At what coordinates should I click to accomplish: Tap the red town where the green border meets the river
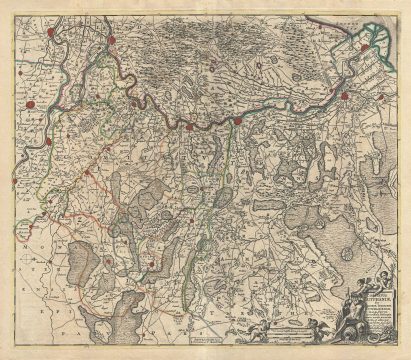click(238, 121)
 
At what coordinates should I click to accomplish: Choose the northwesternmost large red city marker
click(114, 42)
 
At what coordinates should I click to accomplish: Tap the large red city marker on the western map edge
click(30, 100)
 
